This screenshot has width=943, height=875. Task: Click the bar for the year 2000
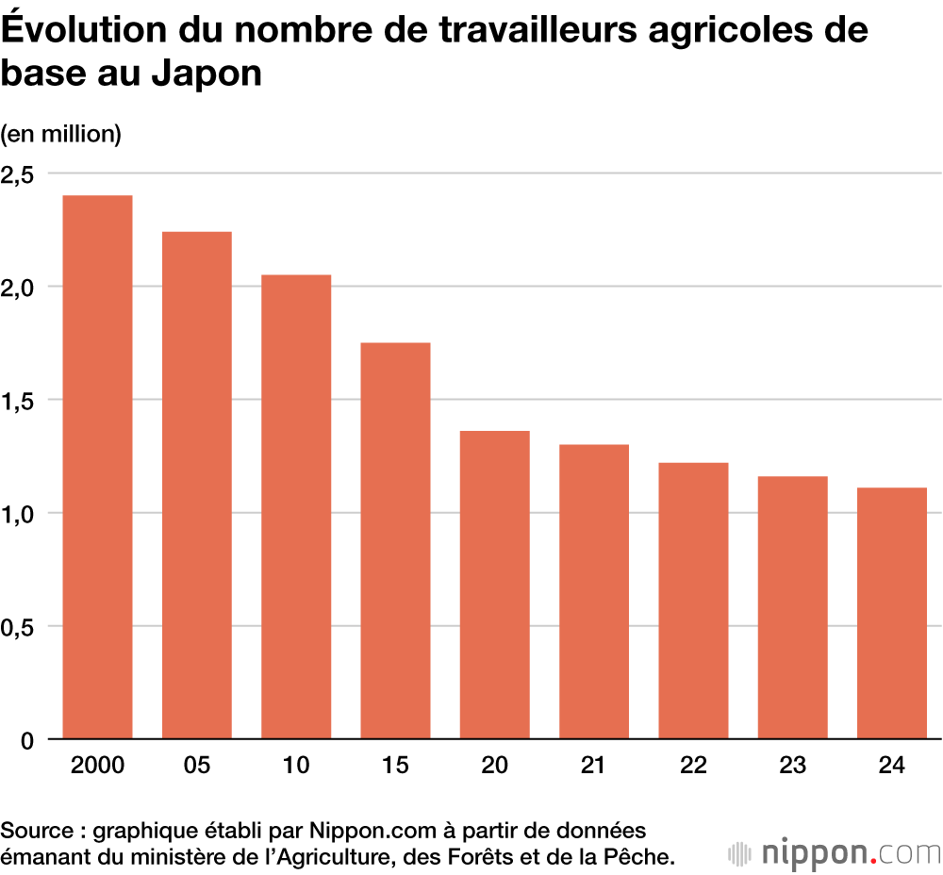[97, 467]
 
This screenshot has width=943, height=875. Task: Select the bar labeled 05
[196, 486]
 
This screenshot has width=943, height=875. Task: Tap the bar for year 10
[296, 506]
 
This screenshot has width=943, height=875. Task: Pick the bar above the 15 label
[395, 540]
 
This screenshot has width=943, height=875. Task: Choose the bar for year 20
[494, 585]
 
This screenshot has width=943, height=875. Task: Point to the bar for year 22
[693, 601]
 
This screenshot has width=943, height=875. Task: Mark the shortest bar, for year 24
[891, 613]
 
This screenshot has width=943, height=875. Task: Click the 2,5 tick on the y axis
[17, 174]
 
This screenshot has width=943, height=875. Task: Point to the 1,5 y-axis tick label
[17, 401]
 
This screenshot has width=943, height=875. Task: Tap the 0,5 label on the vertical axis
[17, 627]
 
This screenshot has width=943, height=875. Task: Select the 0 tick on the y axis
[26, 740]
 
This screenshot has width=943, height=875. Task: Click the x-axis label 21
[593, 766]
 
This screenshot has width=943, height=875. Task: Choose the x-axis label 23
[792, 766]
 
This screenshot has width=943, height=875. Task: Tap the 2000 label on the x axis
[97, 766]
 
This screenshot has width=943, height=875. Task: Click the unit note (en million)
[61, 134]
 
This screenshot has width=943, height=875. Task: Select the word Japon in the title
[206, 74]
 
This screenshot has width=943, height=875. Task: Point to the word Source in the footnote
[34, 831]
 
